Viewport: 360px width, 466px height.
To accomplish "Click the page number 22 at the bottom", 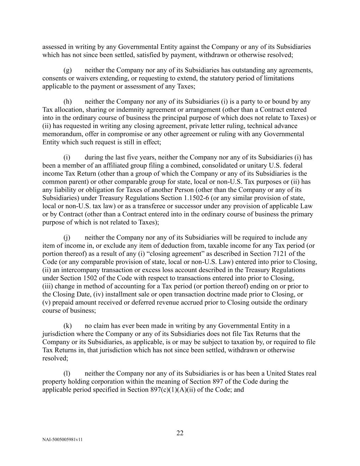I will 180,433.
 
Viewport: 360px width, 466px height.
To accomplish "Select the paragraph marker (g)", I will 68,70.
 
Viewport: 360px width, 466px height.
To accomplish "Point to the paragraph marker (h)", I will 68,101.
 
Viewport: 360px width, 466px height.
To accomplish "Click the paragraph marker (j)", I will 67,237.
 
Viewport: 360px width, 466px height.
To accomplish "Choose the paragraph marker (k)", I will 68,326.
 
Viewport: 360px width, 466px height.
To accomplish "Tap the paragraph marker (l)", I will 67,373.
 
